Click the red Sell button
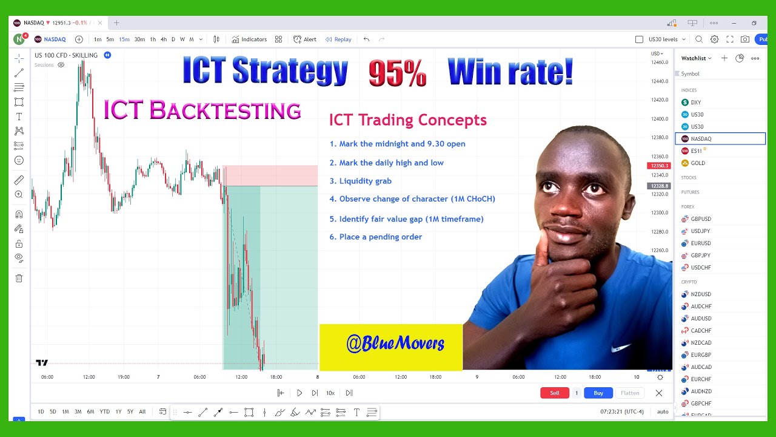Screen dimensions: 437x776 point(554,393)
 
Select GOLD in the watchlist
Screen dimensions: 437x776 point(697,163)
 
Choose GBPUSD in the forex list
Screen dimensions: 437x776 point(700,219)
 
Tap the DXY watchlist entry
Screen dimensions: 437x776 point(695,103)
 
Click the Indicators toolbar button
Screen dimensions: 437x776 point(249,39)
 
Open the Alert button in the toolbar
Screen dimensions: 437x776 point(305,39)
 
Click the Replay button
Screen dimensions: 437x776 point(338,39)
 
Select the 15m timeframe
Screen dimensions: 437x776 point(124,39)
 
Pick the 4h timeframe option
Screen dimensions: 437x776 point(163,39)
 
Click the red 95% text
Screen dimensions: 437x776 point(397,74)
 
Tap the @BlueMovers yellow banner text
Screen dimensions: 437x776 point(395,344)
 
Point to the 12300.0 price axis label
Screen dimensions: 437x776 point(659,213)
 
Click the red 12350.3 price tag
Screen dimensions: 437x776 point(658,166)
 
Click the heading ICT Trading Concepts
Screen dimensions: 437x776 point(407,120)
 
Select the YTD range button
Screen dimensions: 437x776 point(104,412)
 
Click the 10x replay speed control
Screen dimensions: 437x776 point(330,393)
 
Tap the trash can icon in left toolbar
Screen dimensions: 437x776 point(19,278)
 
